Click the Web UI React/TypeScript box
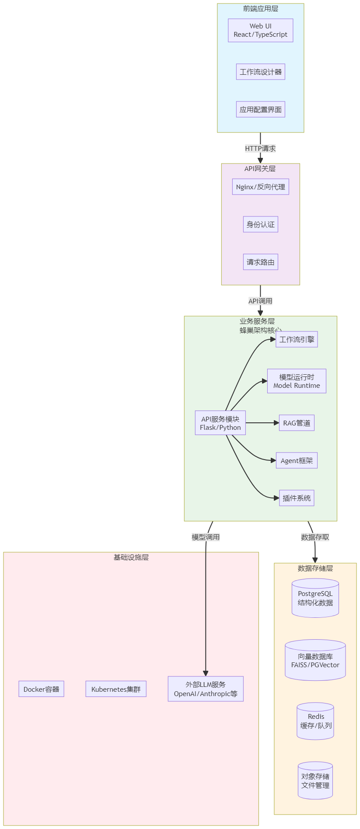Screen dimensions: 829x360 coord(260,30)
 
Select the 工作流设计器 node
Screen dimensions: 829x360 coord(260,72)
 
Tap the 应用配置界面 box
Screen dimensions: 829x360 coord(260,109)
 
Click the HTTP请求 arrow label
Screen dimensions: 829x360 coord(260,149)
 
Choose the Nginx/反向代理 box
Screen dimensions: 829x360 coord(260,187)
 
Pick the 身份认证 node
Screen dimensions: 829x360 coord(260,224)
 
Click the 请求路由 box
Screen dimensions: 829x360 coord(260,262)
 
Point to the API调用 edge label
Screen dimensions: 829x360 coord(260,301)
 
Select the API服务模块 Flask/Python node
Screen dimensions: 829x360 coord(220,423)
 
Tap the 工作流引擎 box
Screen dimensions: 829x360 coord(297,339)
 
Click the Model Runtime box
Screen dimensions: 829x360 coord(297,381)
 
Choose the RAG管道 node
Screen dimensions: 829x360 coord(297,423)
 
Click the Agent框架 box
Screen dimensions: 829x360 coord(297,460)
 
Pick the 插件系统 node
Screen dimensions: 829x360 coord(297,498)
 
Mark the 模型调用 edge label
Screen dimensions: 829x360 coord(206,537)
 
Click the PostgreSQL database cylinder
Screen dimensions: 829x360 coord(315,598)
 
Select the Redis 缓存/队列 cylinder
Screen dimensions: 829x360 coord(315,721)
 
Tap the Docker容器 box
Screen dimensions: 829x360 coord(41,689)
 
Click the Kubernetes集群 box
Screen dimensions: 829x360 coord(116,689)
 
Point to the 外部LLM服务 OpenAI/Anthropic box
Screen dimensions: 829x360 coord(206,689)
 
